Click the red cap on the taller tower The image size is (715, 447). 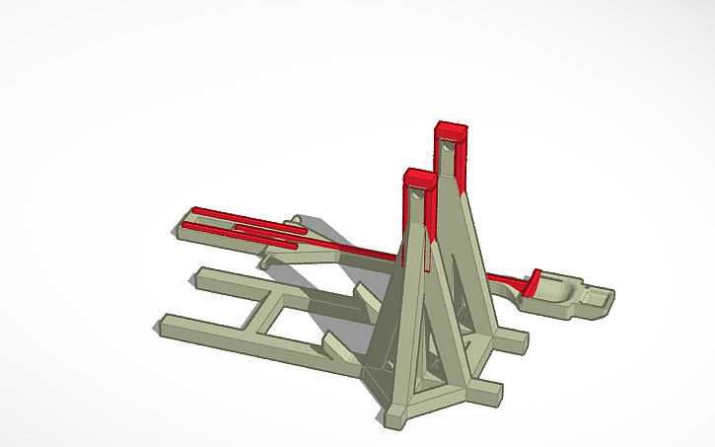452,130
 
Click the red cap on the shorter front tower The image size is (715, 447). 419,179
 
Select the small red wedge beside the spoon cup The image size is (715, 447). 534,282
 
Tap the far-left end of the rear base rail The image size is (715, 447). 201,273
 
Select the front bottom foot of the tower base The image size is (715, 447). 394,415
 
